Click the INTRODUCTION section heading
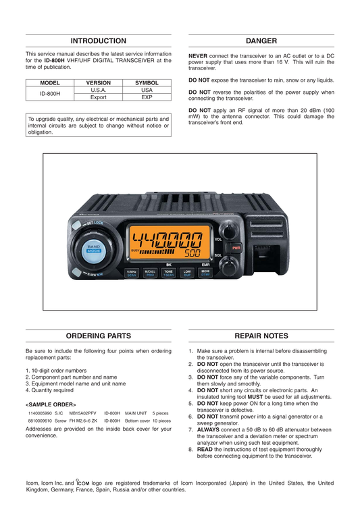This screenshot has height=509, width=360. [x=99, y=41]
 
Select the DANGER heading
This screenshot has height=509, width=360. [x=261, y=41]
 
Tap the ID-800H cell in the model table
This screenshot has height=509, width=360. [x=50, y=93]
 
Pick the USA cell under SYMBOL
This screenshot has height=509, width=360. [x=147, y=90]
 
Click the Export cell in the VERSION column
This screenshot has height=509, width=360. [x=99, y=97]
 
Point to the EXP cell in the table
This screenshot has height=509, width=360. [x=147, y=97]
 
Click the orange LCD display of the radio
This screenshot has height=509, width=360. [x=170, y=242]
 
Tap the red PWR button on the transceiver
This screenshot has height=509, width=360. [x=236, y=248]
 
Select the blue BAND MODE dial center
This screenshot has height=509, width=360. [x=94, y=250]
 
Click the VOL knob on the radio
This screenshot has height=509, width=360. [x=230, y=231]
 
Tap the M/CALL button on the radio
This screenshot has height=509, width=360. [x=150, y=273]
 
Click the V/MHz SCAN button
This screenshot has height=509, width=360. [x=132, y=273]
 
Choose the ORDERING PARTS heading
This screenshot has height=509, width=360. [x=99, y=336]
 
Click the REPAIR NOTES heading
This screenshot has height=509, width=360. [x=261, y=336]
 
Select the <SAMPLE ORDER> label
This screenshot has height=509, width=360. [x=51, y=405]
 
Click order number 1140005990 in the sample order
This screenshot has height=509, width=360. [x=40, y=413]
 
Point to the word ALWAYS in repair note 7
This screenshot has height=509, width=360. [x=208, y=430]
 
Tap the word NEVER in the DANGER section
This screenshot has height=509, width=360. [x=198, y=56]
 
